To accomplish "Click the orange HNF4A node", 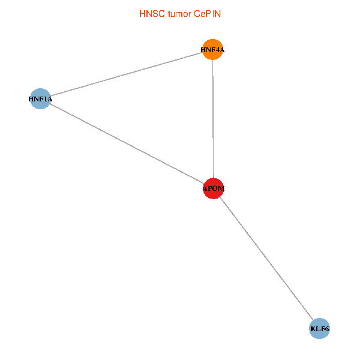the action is coord(213,50).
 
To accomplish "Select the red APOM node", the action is coord(214,188).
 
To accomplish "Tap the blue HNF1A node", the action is coord(40,99).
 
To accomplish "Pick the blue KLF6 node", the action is coord(320,329).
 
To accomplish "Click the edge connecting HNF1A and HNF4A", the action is coord(127,74).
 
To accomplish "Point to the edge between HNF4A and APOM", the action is coord(213,120).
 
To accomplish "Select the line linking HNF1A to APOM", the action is coord(126,143).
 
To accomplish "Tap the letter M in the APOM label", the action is coord(221,189).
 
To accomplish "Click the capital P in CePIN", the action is coord(209,13).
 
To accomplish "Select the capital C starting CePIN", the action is coord(197,13).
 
